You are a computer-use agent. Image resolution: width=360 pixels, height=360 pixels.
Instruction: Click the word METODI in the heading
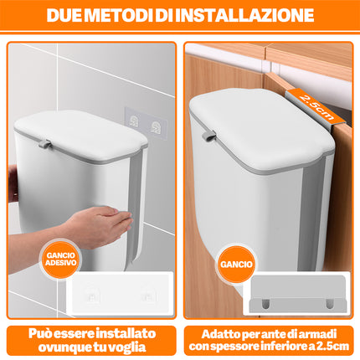tap(119, 15)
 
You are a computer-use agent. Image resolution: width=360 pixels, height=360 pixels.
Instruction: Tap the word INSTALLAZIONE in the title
tap(244, 15)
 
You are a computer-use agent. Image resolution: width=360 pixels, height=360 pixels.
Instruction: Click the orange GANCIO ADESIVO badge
tap(60, 259)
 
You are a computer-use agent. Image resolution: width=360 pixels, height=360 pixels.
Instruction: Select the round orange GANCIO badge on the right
tap(236, 264)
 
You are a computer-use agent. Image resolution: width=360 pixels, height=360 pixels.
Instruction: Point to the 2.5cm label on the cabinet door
tap(316, 107)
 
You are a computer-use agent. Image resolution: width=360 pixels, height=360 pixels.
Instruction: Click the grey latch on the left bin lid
tap(45, 144)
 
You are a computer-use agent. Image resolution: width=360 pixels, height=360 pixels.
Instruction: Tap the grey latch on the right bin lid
tap(208, 135)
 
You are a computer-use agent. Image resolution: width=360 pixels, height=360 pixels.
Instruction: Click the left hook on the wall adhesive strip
tap(134, 121)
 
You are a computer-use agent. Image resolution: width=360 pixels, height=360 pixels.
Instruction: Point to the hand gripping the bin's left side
tap(13, 183)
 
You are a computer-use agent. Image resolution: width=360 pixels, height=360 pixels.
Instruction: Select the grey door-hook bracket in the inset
tap(298, 294)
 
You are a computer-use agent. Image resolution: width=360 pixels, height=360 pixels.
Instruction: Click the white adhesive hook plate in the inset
tap(119, 295)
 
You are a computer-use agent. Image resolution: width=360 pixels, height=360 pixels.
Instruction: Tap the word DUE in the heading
tap(64, 15)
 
